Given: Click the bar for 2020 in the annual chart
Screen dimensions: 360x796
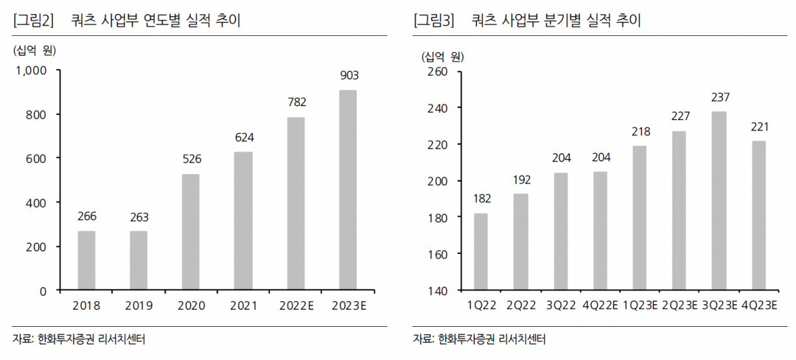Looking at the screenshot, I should click(x=190, y=232).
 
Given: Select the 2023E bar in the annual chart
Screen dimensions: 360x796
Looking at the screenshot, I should click(x=348, y=190).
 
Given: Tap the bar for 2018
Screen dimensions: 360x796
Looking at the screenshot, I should click(x=86, y=261).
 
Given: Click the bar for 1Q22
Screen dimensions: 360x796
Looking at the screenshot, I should click(x=481, y=252).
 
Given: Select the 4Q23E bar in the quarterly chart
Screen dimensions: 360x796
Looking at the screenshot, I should click(x=759, y=215).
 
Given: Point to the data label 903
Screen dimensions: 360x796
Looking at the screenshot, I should click(x=348, y=76).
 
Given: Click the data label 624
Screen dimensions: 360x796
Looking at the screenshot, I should click(x=243, y=137).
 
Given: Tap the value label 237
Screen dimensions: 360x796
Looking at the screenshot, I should click(x=719, y=97).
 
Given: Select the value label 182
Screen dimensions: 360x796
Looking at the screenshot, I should click(x=481, y=199).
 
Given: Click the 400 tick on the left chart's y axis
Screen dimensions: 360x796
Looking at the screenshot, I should click(x=36, y=202).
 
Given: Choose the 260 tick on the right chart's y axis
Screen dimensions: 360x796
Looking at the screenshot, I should click(x=440, y=71).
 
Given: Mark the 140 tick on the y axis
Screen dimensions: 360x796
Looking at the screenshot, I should click(x=440, y=290).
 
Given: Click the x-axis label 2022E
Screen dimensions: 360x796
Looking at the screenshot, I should click(x=295, y=306).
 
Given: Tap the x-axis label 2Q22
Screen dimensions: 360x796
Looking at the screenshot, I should click(x=521, y=306).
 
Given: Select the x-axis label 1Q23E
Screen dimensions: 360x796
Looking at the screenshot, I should click(x=639, y=306).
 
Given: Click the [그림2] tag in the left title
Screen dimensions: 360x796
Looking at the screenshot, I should click(x=33, y=21).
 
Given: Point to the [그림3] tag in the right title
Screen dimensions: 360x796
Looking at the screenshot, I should click(x=434, y=21).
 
